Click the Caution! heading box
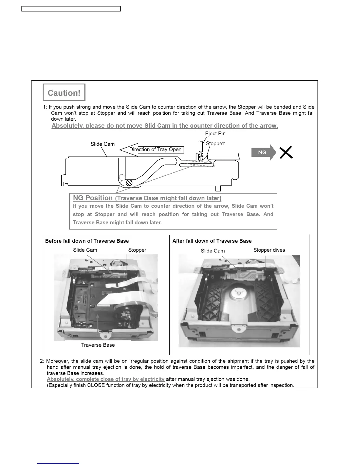pyautogui.click(x=64, y=93)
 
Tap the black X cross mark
pyautogui.click(x=286, y=153)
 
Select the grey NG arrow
pyautogui.click(x=263, y=152)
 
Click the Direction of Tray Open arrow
pyautogui.click(x=152, y=149)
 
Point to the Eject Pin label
pyautogui.click(x=215, y=134)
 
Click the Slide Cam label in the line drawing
pyautogui.click(x=102, y=144)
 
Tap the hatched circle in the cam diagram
pyautogui.click(x=129, y=182)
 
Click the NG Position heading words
pyautogui.click(x=93, y=198)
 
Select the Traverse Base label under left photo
pyautogui.click(x=98, y=345)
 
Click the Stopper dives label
pyautogui.click(x=269, y=250)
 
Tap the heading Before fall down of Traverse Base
pyautogui.click(x=87, y=241)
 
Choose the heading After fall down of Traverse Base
pyautogui.click(x=212, y=241)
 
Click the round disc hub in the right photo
pyautogui.click(x=239, y=294)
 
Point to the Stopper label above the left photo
pyautogui.click(x=137, y=250)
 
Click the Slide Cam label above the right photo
pyautogui.click(x=213, y=251)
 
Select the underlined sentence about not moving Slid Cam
pyautogui.click(x=165, y=126)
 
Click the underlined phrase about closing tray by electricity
pyautogui.click(x=106, y=379)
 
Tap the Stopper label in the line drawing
pyautogui.click(x=215, y=144)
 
